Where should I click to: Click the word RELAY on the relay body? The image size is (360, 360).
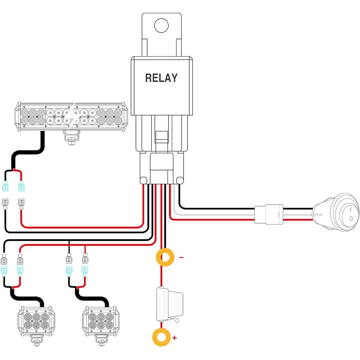161,78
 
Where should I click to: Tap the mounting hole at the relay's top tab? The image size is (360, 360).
161,25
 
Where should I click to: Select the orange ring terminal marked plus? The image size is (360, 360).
161,337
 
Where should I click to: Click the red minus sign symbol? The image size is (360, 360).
181,257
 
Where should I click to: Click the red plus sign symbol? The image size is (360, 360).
175,338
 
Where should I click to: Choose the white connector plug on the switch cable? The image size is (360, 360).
269,214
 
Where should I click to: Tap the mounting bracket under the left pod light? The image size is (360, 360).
36,340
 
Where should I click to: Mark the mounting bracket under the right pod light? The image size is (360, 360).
101,340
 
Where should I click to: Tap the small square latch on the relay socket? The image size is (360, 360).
161,137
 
